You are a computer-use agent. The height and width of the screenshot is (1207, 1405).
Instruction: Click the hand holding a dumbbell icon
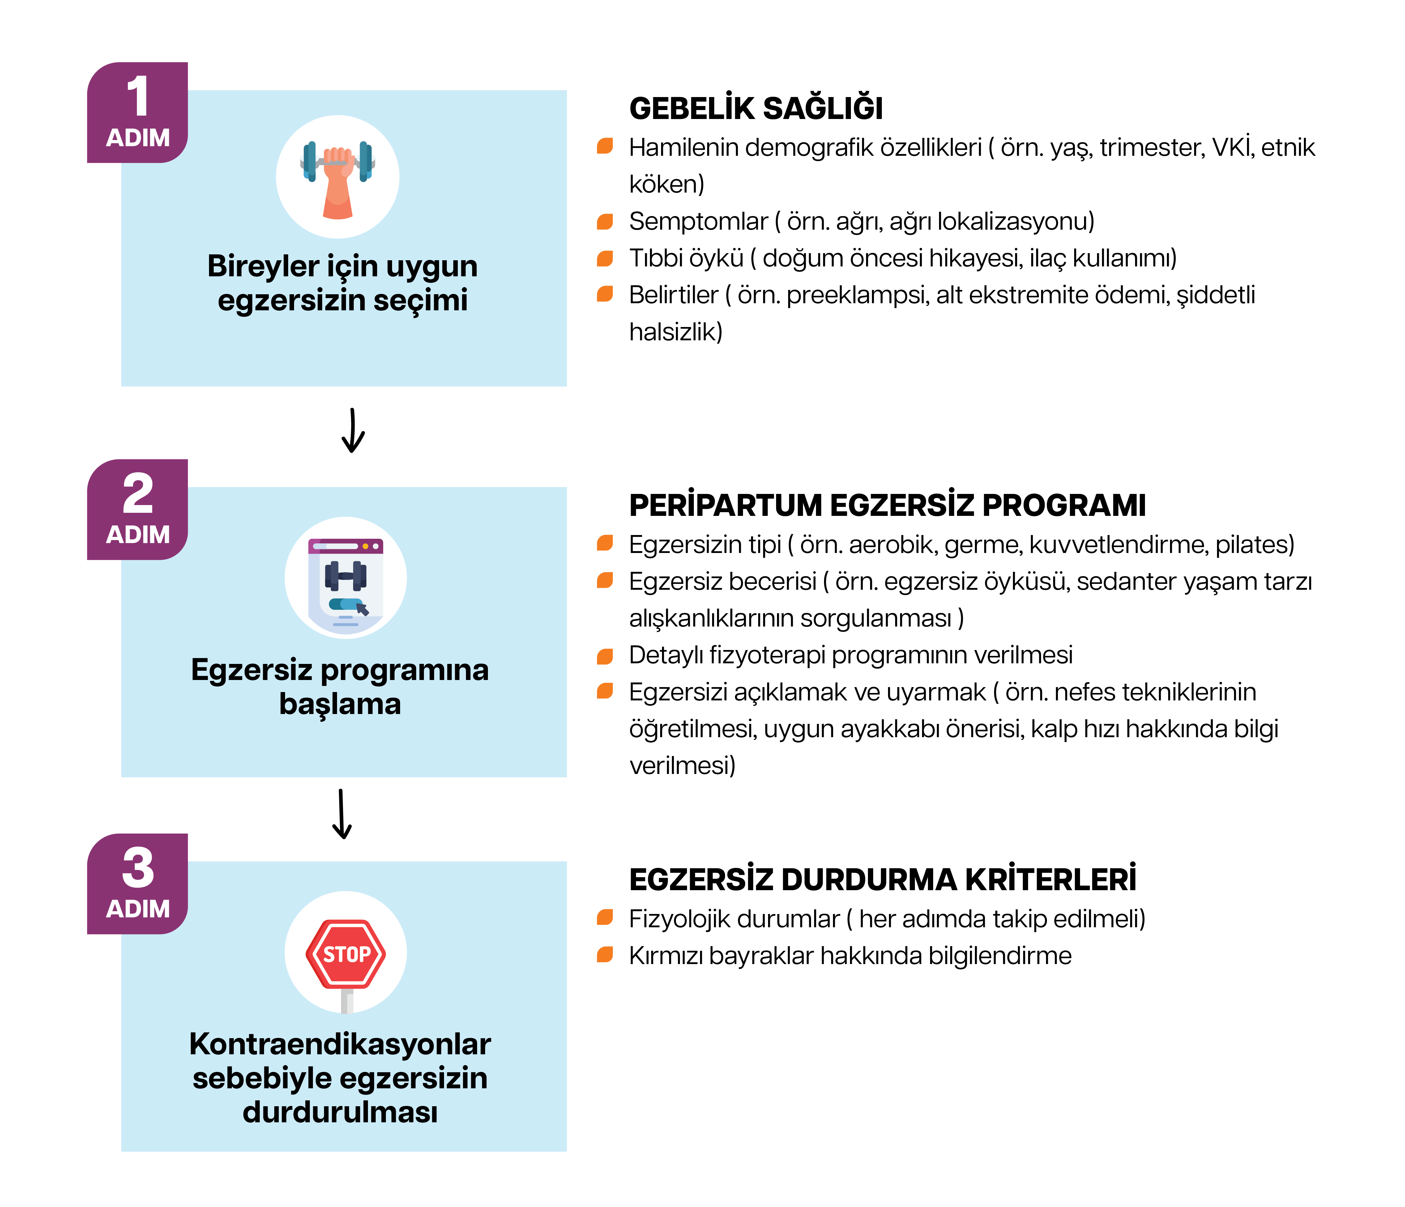338,177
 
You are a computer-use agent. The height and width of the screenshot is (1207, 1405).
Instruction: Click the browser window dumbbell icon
346,578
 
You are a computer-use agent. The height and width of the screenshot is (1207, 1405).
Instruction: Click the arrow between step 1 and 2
352,430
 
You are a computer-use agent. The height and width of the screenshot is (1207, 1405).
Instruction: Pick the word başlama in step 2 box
340,704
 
